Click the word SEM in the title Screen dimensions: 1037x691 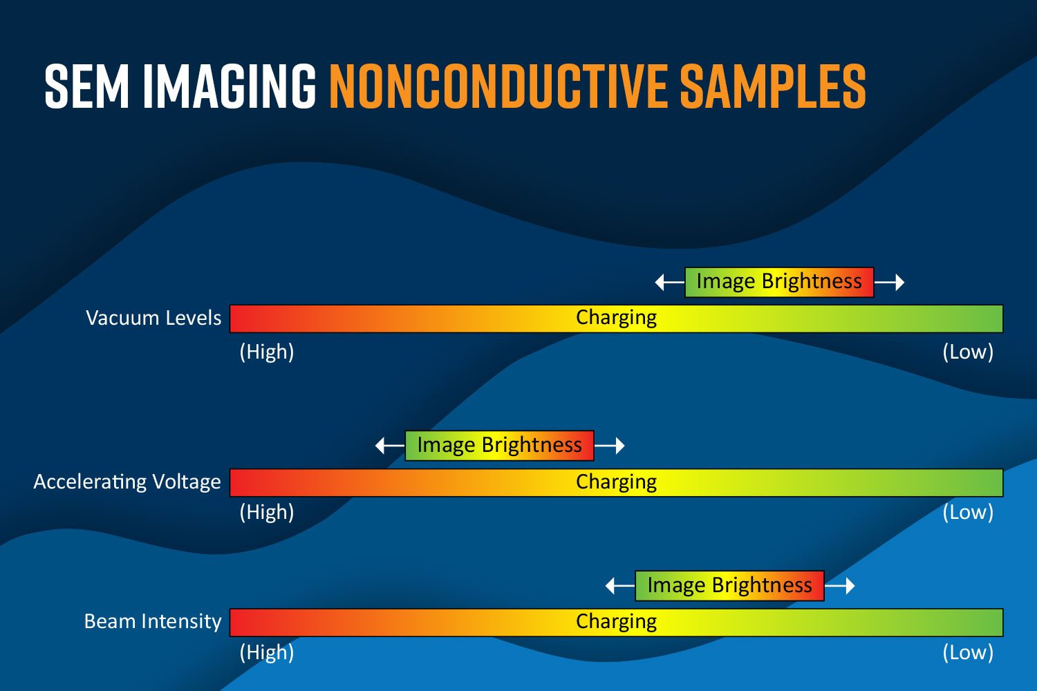click(x=86, y=86)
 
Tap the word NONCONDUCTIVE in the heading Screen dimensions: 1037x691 click(x=498, y=86)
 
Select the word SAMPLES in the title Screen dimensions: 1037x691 click(x=773, y=86)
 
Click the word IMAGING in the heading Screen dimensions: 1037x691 click(x=229, y=86)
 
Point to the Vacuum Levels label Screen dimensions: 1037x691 click(x=153, y=319)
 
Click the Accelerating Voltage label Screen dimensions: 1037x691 click(x=127, y=482)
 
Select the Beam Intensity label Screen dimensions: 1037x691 click(x=153, y=622)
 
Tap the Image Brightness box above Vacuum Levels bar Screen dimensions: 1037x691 click(x=779, y=282)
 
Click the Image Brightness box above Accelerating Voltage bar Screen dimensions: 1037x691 click(x=500, y=446)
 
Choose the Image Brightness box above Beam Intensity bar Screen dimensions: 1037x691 click(x=729, y=586)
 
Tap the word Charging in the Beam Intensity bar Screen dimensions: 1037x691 click(x=616, y=623)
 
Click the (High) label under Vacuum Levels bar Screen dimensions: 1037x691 click(x=267, y=352)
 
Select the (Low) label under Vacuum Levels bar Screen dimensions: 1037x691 click(x=968, y=352)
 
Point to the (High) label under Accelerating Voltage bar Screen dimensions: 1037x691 click(x=267, y=512)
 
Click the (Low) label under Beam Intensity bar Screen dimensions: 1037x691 click(x=968, y=652)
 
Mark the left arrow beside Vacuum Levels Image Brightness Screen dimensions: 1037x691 click(x=670, y=283)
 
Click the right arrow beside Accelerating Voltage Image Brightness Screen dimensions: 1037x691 click(x=610, y=446)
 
